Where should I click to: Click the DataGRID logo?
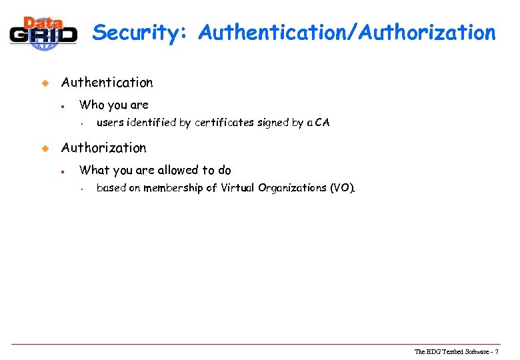[43, 31]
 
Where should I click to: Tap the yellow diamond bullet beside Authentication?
[45, 83]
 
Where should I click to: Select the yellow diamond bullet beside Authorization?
[45, 149]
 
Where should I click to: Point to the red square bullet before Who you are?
[61, 106]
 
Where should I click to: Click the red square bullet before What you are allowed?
[61, 171]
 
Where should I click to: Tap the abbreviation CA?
[322, 123]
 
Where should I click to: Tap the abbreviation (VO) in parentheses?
[343, 188]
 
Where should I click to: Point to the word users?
[110, 123]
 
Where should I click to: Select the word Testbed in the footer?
[455, 351]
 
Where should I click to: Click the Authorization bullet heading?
[103, 148]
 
